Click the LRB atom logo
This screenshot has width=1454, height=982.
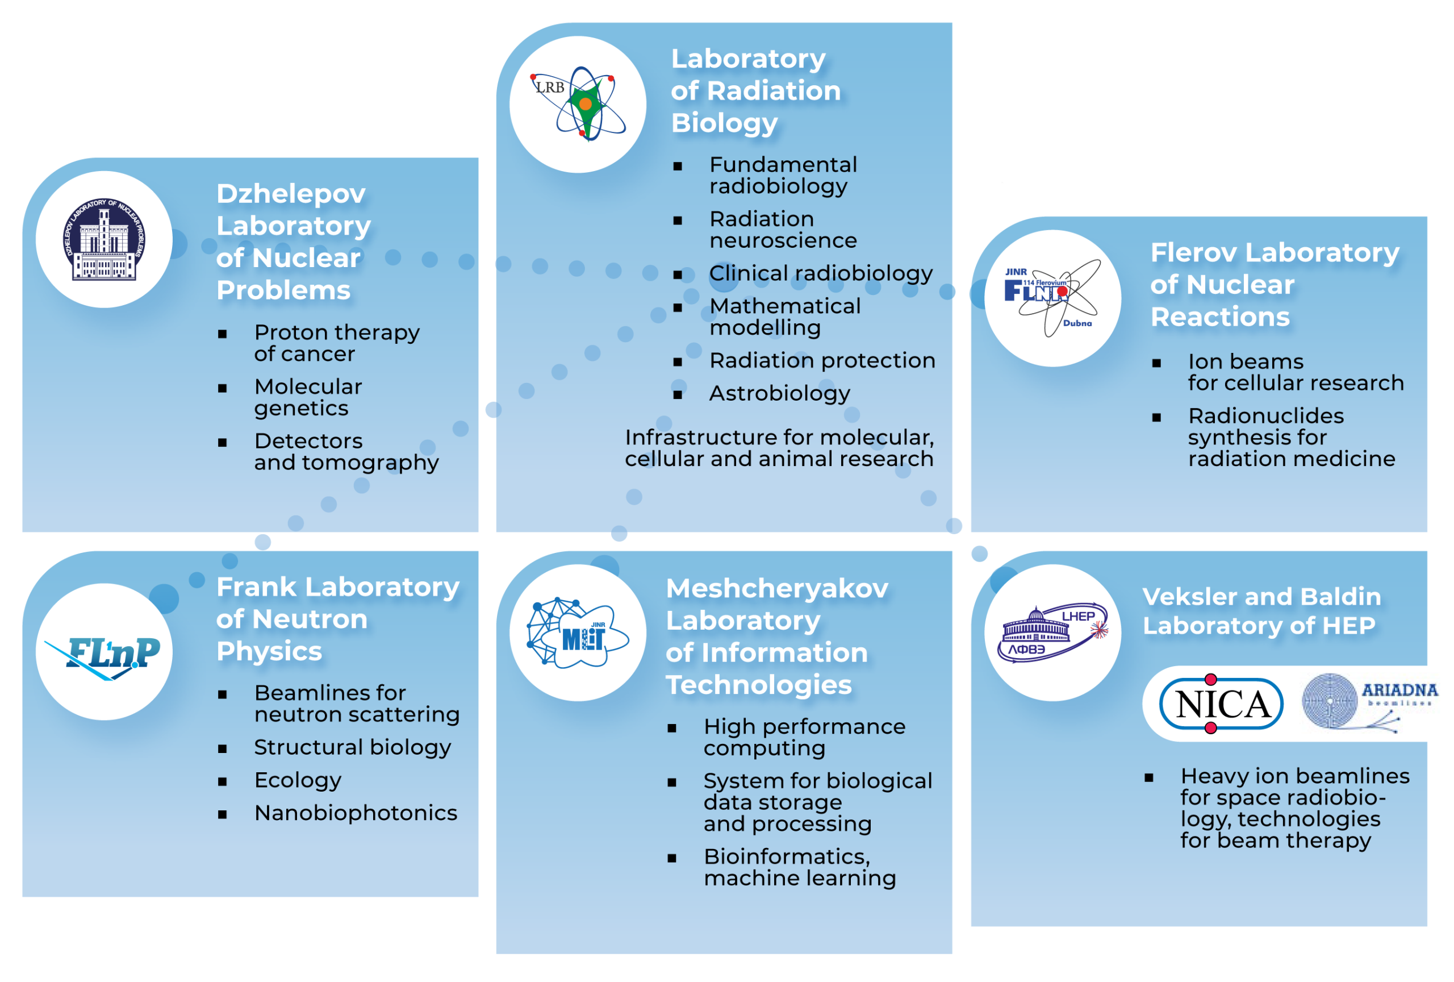(x=579, y=104)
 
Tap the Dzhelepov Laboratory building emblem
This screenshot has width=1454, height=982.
(x=105, y=240)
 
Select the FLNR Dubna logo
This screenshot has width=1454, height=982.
(x=1053, y=298)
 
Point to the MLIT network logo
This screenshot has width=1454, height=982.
(x=578, y=632)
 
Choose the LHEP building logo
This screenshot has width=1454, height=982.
(x=1053, y=632)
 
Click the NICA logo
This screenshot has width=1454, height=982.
(x=1221, y=704)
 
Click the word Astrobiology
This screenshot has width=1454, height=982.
(x=780, y=394)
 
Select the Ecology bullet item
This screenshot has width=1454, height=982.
(x=298, y=780)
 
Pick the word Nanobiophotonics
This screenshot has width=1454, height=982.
(x=356, y=813)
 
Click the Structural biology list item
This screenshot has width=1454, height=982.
(x=352, y=747)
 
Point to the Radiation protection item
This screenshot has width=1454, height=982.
(x=822, y=360)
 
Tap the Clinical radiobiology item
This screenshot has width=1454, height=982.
(x=821, y=273)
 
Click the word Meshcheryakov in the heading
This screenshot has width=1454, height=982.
(x=776, y=588)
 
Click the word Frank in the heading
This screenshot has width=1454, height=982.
(x=257, y=587)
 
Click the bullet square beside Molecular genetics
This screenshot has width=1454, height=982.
(x=222, y=389)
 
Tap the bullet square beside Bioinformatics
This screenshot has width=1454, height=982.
(x=672, y=859)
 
